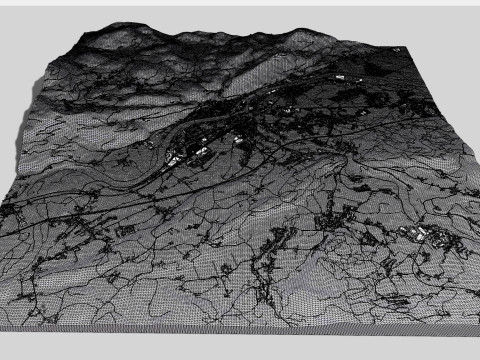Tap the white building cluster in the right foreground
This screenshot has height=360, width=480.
pos(420,236)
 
